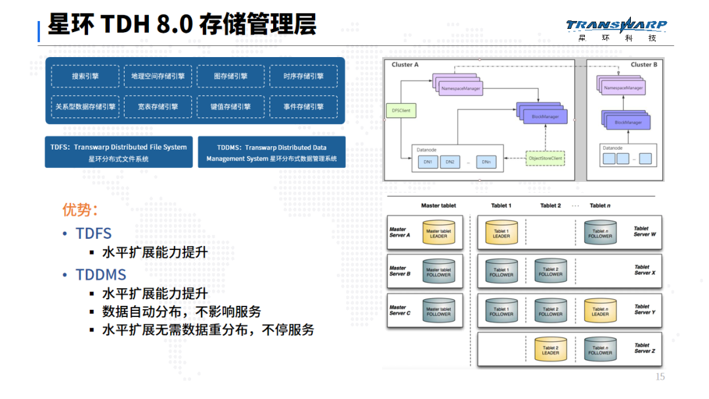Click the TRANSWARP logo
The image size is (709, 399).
coord(616,26)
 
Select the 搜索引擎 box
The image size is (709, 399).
coord(85,76)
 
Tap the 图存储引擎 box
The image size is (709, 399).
coord(230,76)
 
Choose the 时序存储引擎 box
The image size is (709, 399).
coord(303,76)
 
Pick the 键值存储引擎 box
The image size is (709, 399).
coord(230,107)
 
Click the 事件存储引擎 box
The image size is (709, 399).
coord(303,107)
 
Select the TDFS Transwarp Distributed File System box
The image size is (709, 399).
coord(119,152)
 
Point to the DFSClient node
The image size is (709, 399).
coord(401,111)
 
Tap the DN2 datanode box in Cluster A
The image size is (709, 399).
coord(450,161)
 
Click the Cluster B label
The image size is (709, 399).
coord(643,64)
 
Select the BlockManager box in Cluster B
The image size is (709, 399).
coord(628,122)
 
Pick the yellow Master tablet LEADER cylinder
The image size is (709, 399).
coord(438,232)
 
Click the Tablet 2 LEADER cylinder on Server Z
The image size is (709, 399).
coord(550,349)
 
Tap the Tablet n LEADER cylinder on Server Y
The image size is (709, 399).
coord(600,310)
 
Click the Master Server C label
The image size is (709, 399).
coord(400,310)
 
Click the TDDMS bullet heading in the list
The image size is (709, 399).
coord(100,274)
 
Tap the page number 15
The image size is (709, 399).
coord(660,377)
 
